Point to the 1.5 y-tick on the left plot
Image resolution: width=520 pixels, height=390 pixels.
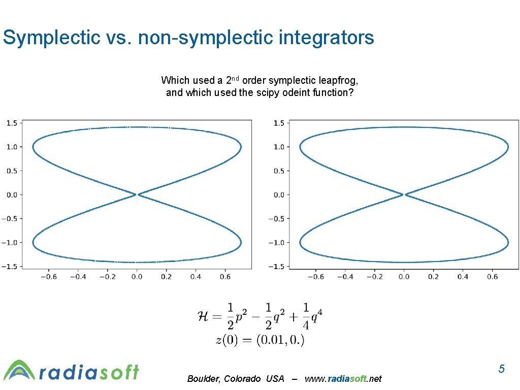click(12, 123)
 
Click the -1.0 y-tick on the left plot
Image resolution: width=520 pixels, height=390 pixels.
click(10, 242)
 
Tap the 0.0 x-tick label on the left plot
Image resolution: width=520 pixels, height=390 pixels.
click(137, 277)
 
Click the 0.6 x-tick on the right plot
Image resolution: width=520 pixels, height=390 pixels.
click(492, 277)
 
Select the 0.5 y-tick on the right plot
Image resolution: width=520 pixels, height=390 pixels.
click(279, 171)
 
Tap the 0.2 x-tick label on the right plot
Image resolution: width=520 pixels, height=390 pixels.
click(433, 277)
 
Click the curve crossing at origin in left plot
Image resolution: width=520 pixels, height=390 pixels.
click(137, 194)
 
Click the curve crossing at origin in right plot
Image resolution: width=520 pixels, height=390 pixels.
click(404, 194)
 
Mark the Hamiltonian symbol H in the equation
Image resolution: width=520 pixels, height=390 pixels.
click(202, 317)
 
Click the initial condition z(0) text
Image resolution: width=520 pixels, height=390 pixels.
click(227, 340)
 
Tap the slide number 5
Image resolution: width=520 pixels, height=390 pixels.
click(501, 369)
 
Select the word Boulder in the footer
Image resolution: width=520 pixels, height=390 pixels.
click(202, 379)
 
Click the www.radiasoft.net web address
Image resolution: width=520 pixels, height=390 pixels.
click(343, 379)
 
